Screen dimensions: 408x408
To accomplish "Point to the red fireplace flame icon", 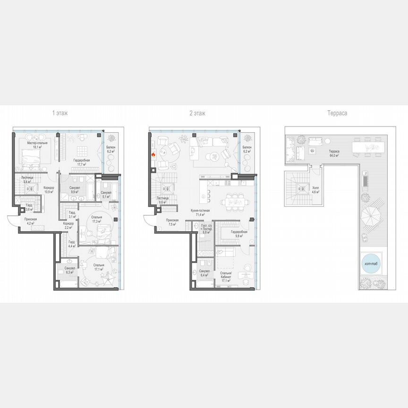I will tap(153, 153).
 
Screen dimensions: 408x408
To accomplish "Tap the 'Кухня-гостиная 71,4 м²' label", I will tap(201, 212).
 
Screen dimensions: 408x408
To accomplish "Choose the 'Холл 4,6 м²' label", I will tap(315, 190).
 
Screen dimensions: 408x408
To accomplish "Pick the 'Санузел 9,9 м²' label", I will tap(75, 190).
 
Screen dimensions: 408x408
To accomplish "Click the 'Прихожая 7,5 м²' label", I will tap(172, 222).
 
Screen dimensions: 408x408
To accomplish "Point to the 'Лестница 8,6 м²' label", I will tap(163, 200).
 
